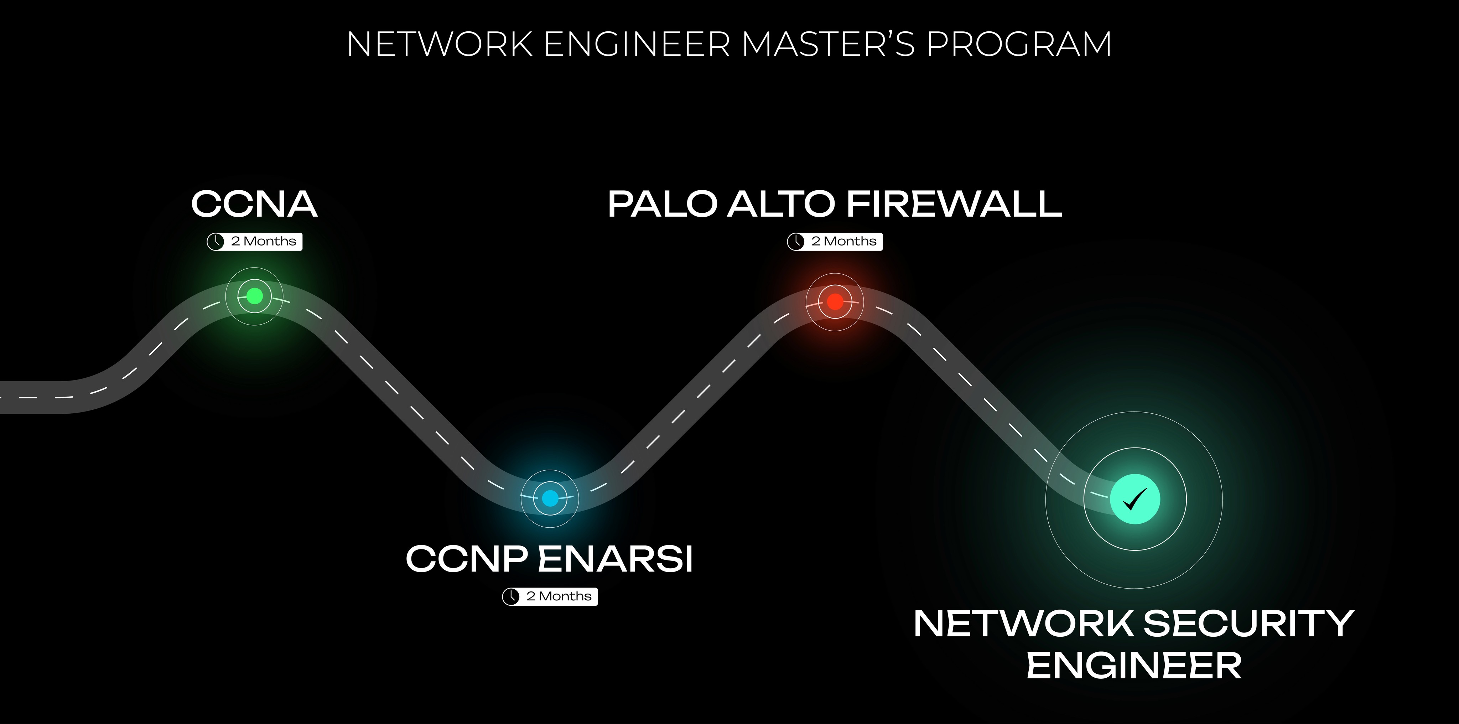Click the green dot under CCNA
254,296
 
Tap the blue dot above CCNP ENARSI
549,498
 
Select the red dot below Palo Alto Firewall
835,301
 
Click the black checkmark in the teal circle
1135,499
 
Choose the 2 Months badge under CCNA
254,241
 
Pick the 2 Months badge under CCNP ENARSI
549,596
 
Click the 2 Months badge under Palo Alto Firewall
835,241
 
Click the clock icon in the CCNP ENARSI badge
511,596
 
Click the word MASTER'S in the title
828,44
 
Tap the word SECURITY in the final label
1248,624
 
